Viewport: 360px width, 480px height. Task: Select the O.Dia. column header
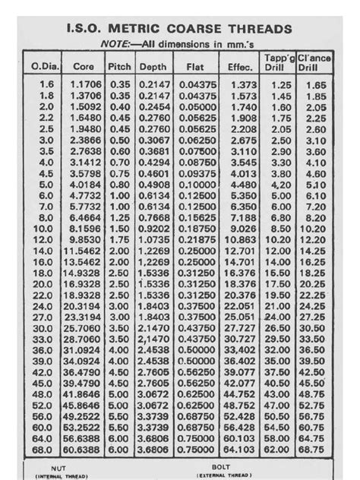tap(45, 67)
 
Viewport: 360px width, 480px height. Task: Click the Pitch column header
tap(118, 67)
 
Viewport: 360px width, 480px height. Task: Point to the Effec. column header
tap(240, 67)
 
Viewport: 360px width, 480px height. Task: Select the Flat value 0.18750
tap(196, 228)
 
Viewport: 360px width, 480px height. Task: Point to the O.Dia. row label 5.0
tap(45, 184)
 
